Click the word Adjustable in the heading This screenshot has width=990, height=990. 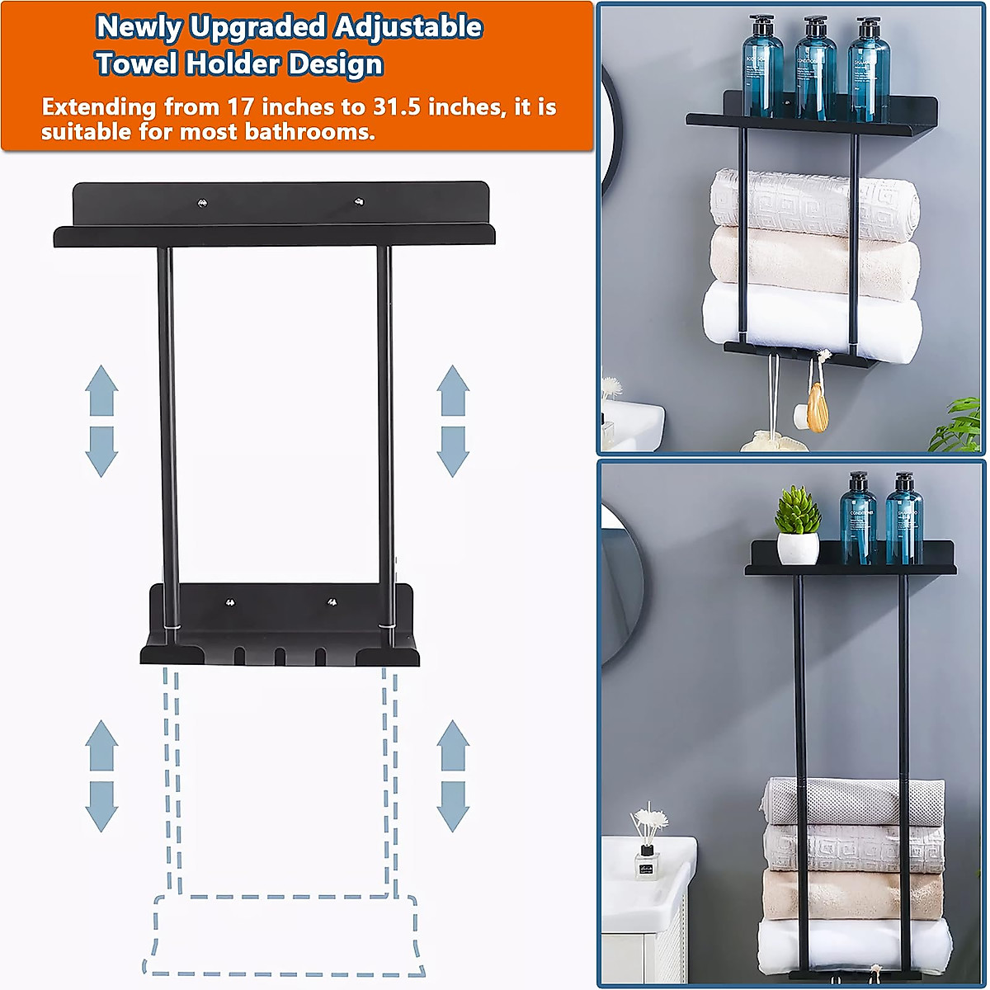(x=408, y=27)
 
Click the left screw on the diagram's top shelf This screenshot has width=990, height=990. (x=201, y=200)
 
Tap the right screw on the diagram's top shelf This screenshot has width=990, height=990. (x=359, y=200)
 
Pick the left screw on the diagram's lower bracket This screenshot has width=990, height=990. (x=230, y=602)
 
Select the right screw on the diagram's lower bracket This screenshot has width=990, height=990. (x=332, y=602)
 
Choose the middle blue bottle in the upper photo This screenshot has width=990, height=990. (x=815, y=70)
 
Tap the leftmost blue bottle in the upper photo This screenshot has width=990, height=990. (x=762, y=70)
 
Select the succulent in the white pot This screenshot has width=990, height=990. (x=798, y=511)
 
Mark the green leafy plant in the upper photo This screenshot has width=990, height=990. (x=959, y=425)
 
